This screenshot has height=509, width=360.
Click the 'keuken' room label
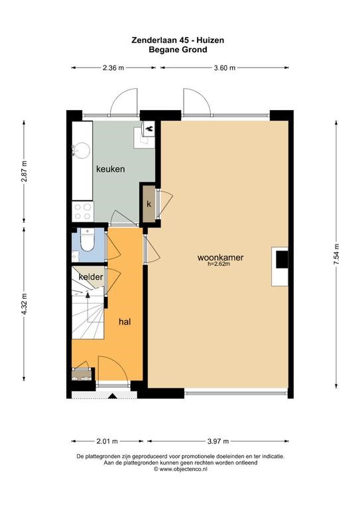pyautogui.click(x=110, y=169)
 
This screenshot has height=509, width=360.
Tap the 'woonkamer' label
pyautogui.click(x=220, y=258)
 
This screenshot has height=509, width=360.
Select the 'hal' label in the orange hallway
pyautogui.click(x=125, y=321)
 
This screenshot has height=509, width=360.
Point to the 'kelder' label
pyautogui.click(x=91, y=277)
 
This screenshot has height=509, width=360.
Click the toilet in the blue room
pyautogui.click(x=87, y=240)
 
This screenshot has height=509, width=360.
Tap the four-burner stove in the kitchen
pyautogui.click(x=82, y=211)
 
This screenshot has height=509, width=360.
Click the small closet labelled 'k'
pyautogui.click(x=149, y=204)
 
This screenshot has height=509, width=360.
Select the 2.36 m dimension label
pyautogui.click(x=113, y=68)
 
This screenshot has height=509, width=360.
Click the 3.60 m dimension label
pyautogui.click(x=225, y=68)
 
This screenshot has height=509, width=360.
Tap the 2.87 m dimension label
pyautogui.click(x=24, y=172)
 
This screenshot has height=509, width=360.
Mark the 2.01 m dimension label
pyautogui.click(x=107, y=441)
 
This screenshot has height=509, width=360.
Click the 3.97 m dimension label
pyautogui.click(x=218, y=441)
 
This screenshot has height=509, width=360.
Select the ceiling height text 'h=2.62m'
pyautogui.click(x=219, y=264)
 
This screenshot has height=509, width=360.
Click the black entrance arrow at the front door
pyautogui.click(x=113, y=396)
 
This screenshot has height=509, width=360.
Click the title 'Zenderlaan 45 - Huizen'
pyautogui.click(x=178, y=40)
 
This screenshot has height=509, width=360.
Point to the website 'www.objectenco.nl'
pyautogui.click(x=183, y=469)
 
